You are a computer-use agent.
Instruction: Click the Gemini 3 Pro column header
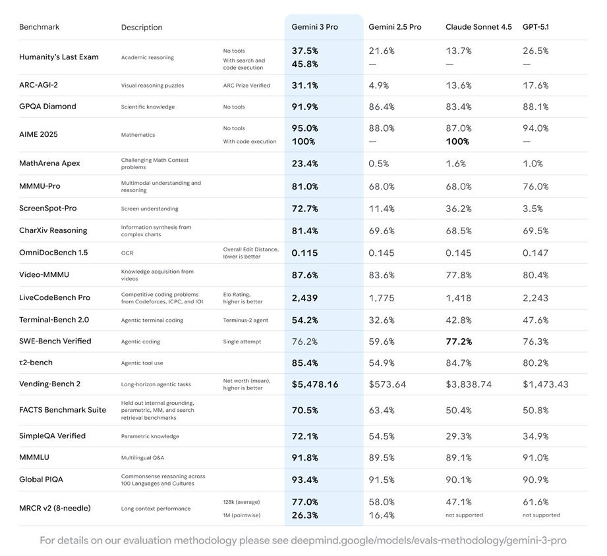point(314,27)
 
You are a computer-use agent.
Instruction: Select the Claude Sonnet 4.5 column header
point(477,27)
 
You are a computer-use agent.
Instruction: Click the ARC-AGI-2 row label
point(43,85)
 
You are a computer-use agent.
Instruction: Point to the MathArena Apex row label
point(49,163)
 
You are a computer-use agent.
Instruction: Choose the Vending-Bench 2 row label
point(50,384)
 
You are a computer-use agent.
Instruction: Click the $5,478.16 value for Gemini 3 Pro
point(315,384)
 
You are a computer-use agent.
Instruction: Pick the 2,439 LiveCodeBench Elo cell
point(304,298)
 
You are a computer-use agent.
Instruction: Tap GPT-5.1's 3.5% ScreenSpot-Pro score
point(533,209)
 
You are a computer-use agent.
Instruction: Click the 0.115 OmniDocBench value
point(304,253)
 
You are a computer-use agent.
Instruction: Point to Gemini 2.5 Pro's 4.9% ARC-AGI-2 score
point(378,86)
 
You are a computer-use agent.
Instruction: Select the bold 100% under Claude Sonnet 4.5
point(457,141)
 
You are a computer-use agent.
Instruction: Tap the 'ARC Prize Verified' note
point(246,86)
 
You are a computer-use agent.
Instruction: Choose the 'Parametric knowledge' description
point(150,436)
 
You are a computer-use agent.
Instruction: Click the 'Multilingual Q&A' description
point(143,457)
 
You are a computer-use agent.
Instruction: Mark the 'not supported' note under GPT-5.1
point(541,515)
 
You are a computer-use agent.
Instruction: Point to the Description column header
point(142,28)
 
